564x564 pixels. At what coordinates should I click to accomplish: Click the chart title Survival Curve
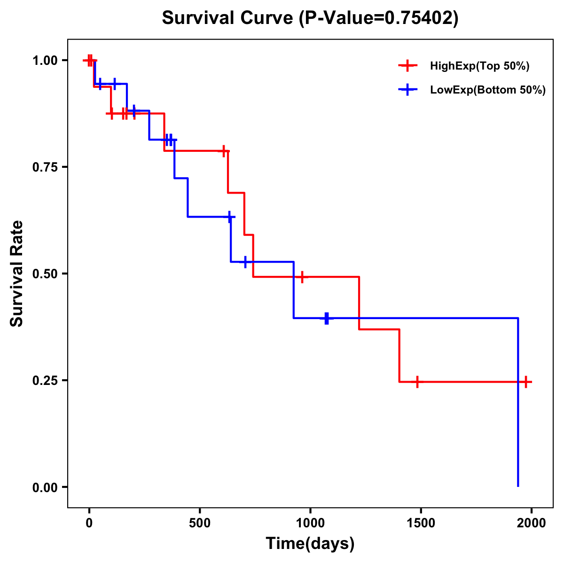(x=229, y=18)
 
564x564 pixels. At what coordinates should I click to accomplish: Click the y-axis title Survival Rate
(x=17, y=274)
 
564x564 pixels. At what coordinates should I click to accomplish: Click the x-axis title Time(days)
(x=310, y=543)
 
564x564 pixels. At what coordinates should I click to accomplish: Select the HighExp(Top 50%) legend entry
(x=479, y=66)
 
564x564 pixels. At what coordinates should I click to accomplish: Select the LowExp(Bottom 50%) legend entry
(x=487, y=90)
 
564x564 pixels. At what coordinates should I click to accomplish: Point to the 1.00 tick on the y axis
(x=45, y=60)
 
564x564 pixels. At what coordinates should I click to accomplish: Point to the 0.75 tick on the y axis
(x=45, y=167)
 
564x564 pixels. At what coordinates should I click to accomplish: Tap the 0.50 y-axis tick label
(x=45, y=274)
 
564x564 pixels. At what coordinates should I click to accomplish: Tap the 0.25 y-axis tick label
(x=45, y=380)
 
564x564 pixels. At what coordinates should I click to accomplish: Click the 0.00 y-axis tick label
(x=45, y=487)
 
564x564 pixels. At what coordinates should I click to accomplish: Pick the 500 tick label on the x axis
(x=200, y=523)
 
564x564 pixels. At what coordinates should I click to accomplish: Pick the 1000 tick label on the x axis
(x=310, y=523)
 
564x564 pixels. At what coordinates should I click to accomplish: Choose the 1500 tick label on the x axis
(x=421, y=523)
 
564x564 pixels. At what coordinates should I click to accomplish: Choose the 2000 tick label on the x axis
(x=531, y=523)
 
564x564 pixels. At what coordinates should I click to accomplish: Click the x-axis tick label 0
(x=89, y=523)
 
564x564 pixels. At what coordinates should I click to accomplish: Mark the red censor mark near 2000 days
(x=526, y=382)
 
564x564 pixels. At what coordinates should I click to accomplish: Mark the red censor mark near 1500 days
(x=417, y=382)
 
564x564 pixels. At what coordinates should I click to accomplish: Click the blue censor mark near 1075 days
(x=327, y=318)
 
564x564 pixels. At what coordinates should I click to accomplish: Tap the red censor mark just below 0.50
(x=302, y=277)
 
